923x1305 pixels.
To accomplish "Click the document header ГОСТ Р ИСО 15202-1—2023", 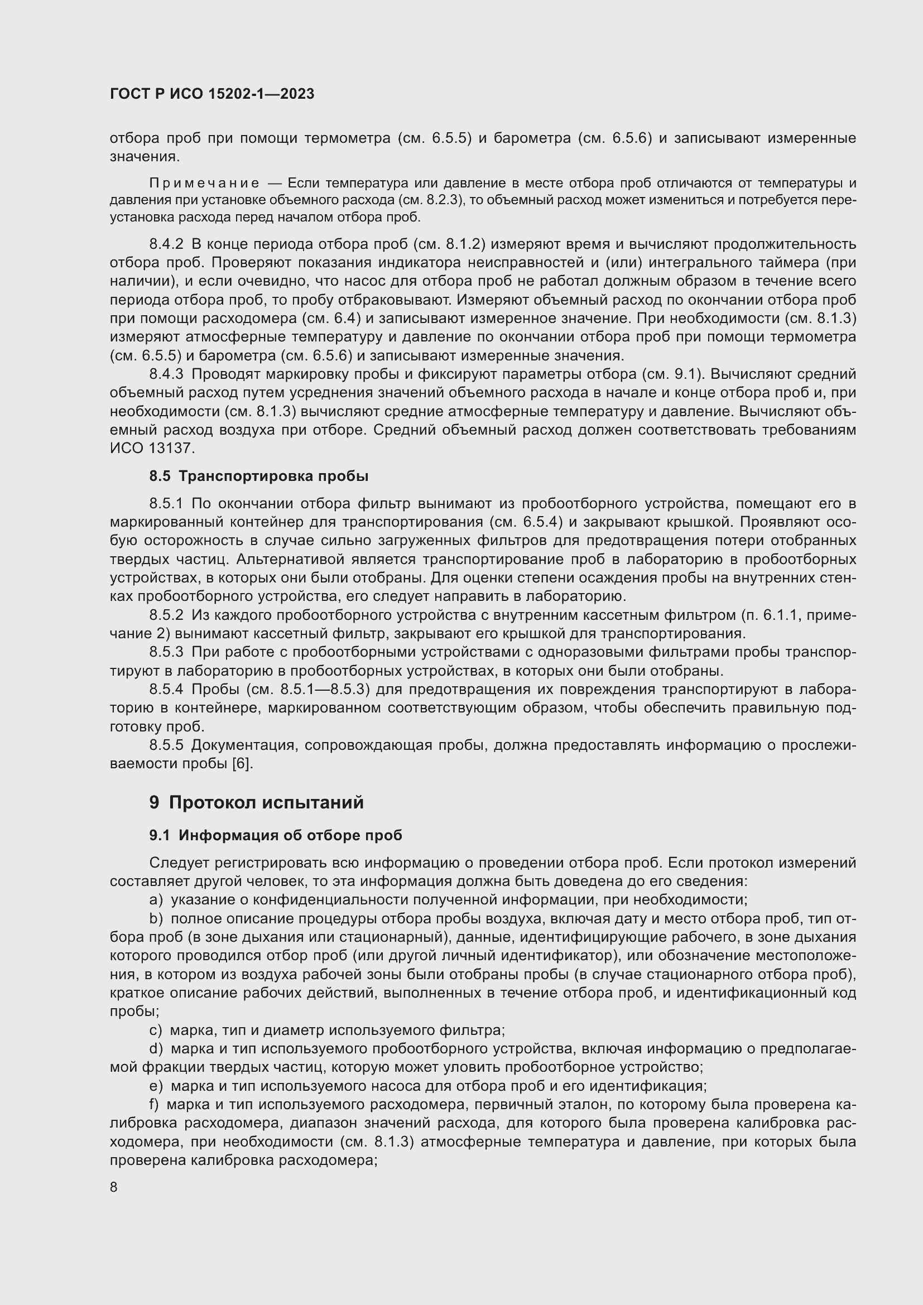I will point(212,94).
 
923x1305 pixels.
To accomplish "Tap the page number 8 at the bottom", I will point(114,1187).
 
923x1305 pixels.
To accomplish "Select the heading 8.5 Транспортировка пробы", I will point(258,476).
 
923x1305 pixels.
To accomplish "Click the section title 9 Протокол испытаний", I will point(256,802).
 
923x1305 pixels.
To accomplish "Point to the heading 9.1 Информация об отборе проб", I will point(276,835).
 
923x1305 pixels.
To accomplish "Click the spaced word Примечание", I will point(205,183).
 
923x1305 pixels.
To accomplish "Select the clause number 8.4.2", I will point(166,244).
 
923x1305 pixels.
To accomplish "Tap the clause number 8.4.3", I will point(166,374).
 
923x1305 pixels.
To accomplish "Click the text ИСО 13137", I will point(152,449).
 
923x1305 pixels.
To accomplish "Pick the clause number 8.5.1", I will point(166,504).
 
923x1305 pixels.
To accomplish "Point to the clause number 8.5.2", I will point(166,615).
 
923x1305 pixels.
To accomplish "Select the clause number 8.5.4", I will point(166,690).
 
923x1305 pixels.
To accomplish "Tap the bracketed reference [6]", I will point(242,763).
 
